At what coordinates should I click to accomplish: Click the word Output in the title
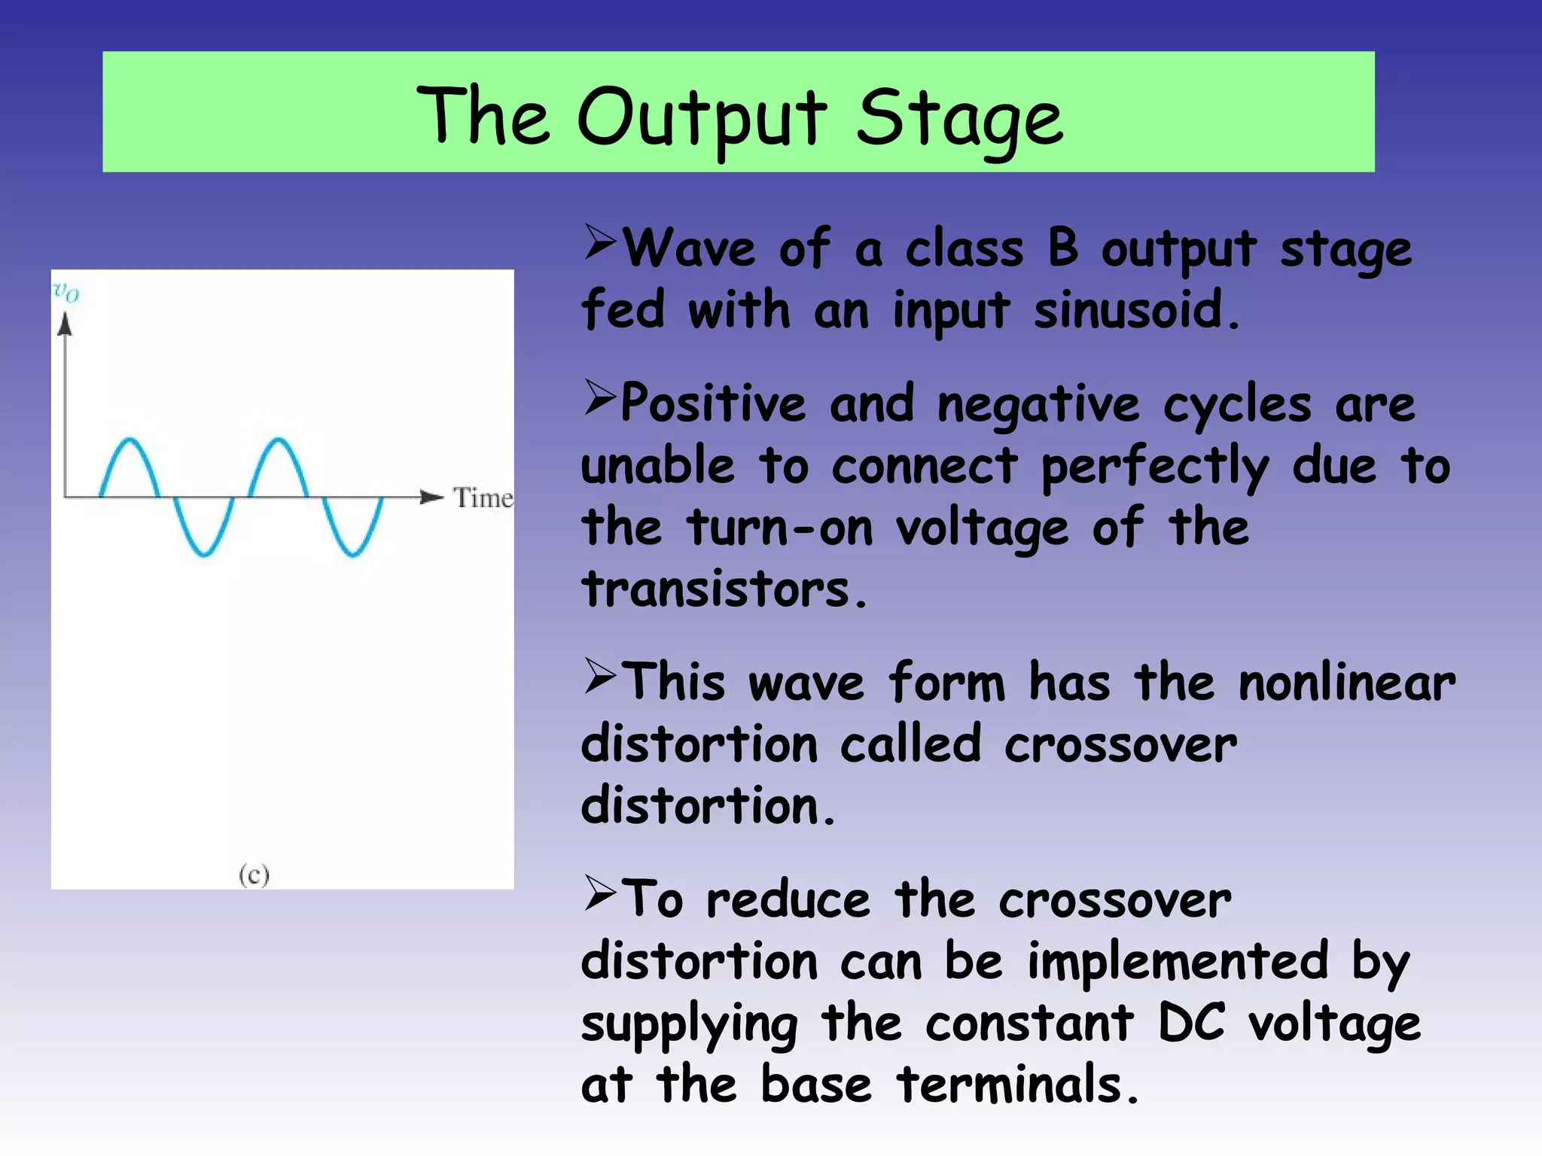point(702,117)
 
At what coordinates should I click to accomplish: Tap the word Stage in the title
point(960,117)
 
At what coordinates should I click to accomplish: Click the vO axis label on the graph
point(66,291)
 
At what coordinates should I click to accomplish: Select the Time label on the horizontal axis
point(483,497)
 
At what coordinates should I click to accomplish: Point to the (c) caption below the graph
point(254,875)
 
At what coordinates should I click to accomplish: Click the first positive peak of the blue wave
point(130,440)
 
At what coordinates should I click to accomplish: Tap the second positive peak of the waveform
point(279,440)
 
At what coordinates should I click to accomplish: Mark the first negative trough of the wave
point(203,555)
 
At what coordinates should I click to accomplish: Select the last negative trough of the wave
point(352,555)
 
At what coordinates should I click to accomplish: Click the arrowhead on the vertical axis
point(66,324)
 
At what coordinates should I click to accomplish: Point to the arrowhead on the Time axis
point(431,497)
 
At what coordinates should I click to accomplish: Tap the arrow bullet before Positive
point(600,398)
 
